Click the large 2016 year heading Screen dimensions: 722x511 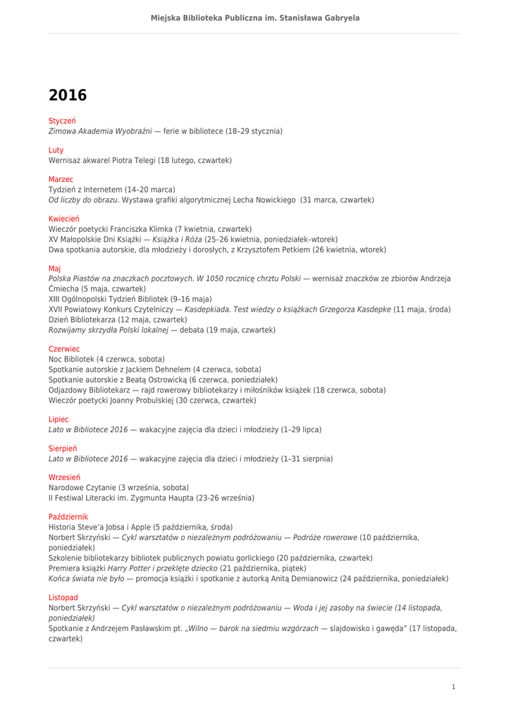[68, 95]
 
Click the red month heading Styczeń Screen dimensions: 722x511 [62, 121]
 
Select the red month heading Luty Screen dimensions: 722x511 [56, 150]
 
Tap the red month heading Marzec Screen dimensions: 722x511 [61, 180]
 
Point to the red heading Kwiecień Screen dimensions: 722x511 [64, 219]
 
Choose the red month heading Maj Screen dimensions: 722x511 [54, 269]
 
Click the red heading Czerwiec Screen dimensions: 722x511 [64, 349]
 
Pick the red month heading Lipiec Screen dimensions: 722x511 [59, 420]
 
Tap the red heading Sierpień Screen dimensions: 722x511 [63, 448]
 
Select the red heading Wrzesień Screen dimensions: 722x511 [64, 477]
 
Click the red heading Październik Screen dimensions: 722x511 [68, 517]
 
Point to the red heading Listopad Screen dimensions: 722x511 [63, 597]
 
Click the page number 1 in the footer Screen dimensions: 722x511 [453, 687]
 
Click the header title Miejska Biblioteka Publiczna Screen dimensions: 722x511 [255, 18]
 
